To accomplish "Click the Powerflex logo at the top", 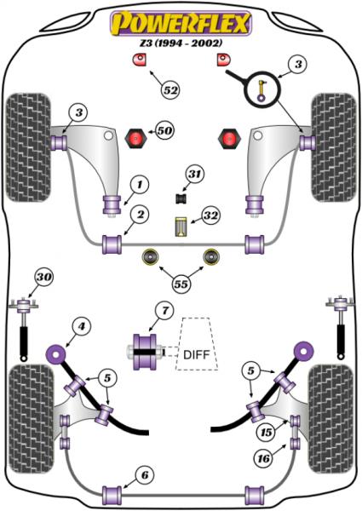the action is [x=181, y=23].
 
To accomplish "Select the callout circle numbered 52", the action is [x=170, y=90].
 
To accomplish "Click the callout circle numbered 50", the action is [x=164, y=130].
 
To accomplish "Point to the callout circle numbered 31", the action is [x=194, y=174].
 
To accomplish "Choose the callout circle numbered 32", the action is [x=211, y=215].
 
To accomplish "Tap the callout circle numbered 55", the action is [x=181, y=284].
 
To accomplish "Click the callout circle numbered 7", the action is [x=165, y=311].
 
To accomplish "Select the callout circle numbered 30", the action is [x=44, y=277].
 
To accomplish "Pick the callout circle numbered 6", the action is [x=145, y=475].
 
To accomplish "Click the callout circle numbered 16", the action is [x=263, y=458].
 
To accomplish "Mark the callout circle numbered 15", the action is [x=267, y=432].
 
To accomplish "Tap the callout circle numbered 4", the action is [x=81, y=326].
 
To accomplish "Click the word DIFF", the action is [x=196, y=354].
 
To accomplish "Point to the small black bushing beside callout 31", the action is [x=181, y=198].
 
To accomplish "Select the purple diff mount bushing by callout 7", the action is [x=144, y=352].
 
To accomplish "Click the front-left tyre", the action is [x=28, y=147].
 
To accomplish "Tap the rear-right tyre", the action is [x=330, y=419].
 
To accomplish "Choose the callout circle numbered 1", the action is [x=140, y=185].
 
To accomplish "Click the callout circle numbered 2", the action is [x=140, y=215].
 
